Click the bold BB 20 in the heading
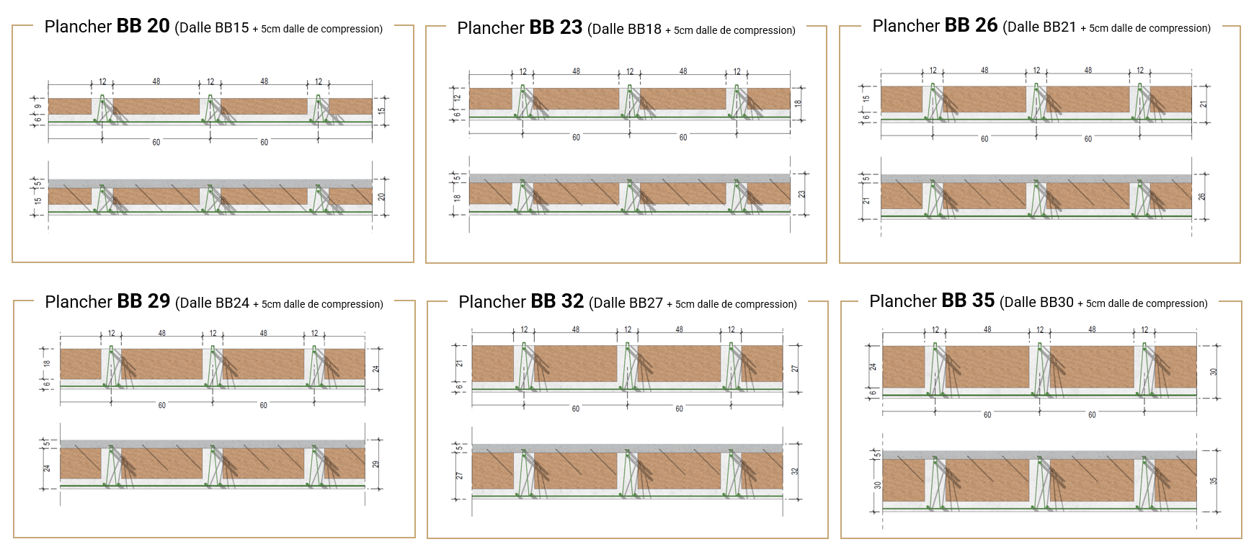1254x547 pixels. (x=143, y=26)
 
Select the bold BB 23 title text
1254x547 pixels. (x=556, y=27)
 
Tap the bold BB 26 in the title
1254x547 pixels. (x=971, y=25)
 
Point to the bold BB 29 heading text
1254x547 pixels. (x=143, y=301)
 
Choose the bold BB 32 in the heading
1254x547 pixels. (x=557, y=301)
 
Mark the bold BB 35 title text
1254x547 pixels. (x=968, y=301)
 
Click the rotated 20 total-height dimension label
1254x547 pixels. (x=382, y=196)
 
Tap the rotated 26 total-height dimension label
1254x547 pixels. (x=1202, y=196)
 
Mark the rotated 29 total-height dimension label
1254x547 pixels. (x=375, y=464)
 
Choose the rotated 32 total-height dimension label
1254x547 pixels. (x=795, y=471)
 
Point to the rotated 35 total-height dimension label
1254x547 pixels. (x=1214, y=481)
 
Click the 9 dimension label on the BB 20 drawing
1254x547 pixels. (x=38, y=107)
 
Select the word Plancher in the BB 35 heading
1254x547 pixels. (x=903, y=301)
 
